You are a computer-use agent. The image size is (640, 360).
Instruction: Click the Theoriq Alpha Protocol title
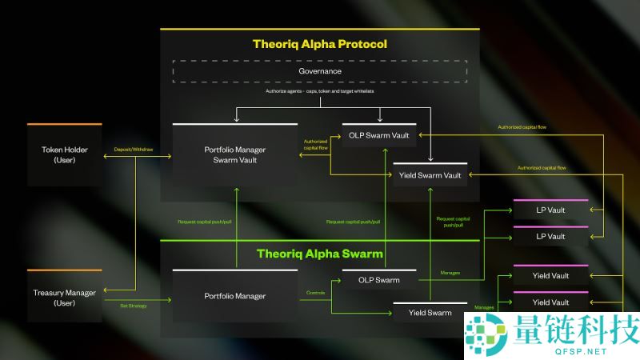click(319, 44)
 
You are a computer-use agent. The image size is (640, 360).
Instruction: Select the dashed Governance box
click(320, 71)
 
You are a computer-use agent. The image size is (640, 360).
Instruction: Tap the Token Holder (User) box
click(65, 155)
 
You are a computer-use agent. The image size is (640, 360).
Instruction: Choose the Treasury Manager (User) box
click(65, 297)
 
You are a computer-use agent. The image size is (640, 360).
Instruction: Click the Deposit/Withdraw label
click(134, 149)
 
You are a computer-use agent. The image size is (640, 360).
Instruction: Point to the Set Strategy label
click(134, 306)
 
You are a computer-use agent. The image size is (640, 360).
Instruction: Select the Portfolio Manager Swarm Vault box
click(234, 155)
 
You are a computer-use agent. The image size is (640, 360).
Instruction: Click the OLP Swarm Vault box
click(378, 135)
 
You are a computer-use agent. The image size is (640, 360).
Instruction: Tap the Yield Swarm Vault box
click(430, 175)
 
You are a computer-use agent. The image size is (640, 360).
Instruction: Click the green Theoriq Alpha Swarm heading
click(319, 254)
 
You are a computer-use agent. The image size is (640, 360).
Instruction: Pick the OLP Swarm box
click(378, 280)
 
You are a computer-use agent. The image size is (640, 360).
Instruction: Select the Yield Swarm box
click(430, 313)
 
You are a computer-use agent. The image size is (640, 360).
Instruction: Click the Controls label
click(316, 293)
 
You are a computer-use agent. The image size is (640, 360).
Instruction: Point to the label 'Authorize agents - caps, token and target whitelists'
click(320, 92)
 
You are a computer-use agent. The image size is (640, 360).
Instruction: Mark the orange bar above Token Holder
click(65, 125)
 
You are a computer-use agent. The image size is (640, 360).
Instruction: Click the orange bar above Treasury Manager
click(65, 270)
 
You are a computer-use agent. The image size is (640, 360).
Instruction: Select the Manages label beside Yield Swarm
click(484, 307)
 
